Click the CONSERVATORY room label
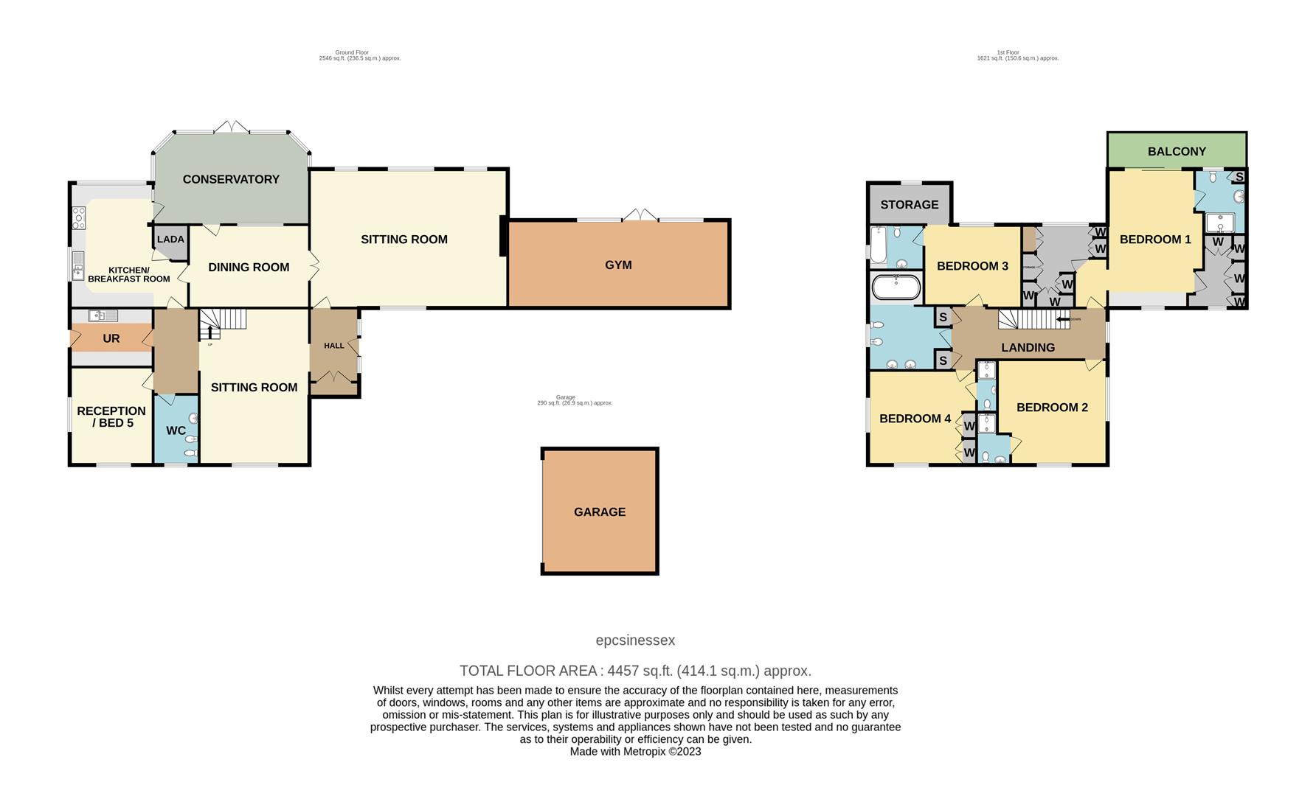[231, 179]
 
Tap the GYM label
[618, 265]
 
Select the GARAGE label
[600, 512]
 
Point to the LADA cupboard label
[170, 240]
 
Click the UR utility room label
[111, 339]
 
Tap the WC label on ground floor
[176, 430]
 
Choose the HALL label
[334, 346]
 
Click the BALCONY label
[1177, 152]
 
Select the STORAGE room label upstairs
[909, 205]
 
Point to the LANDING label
[1028, 348]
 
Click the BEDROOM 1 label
[1155, 240]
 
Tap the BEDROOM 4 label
[915, 419]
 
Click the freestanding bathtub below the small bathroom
[896, 287]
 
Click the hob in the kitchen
[79, 217]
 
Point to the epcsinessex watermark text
[635, 640]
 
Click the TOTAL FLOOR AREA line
[635, 671]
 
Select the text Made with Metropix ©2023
[635, 752]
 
